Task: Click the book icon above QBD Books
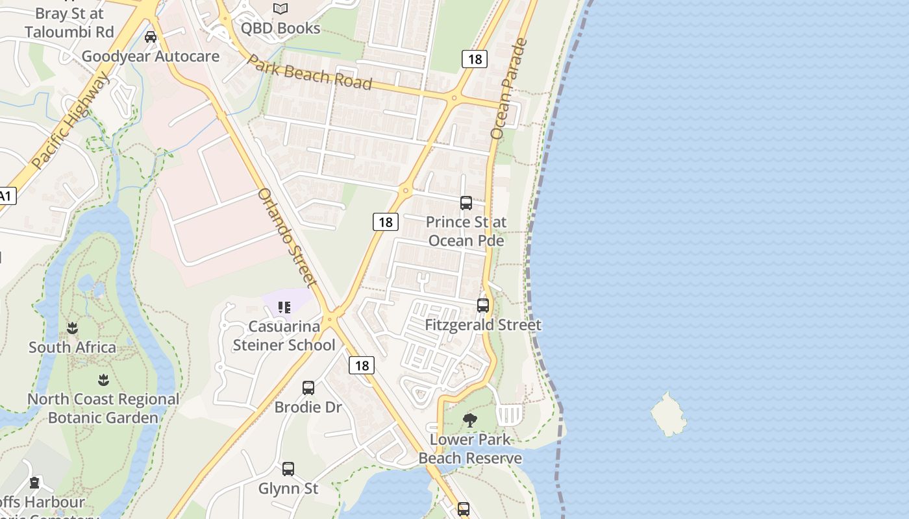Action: pos(280,8)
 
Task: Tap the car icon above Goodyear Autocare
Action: pos(151,37)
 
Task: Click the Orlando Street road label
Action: pos(287,237)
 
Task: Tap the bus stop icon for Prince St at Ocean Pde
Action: pos(466,202)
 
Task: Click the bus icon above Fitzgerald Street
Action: pos(483,305)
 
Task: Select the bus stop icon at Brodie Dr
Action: pos(308,388)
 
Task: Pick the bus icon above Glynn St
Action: pos(288,468)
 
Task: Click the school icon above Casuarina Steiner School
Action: pos(284,307)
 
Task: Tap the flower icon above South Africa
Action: pos(73,328)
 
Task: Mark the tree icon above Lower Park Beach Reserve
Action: pos(470,420)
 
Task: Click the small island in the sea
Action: pos(669,415)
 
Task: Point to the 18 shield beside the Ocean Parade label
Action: pos(475,60)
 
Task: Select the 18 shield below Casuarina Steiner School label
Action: pos(362,365)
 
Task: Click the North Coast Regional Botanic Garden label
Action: pos(103,408)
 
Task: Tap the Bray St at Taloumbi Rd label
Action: pos(69,23)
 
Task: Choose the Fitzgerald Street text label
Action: pos(483,324)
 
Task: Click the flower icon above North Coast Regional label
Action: pos(103,380)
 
